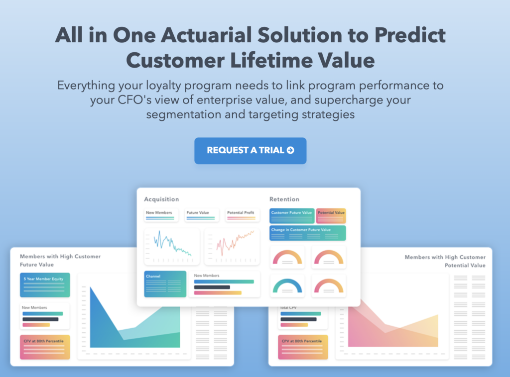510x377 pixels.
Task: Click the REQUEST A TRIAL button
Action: [x=250, y=150]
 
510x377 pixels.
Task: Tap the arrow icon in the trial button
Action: [x=290, y=150]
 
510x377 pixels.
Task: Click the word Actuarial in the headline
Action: [x=206, y=35]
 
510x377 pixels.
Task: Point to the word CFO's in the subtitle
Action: [x=134, y=99]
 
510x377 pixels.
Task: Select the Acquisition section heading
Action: [x=161, y=199]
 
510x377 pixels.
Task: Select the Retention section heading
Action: [x=284, y=199]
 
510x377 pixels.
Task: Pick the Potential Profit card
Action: [x=243, y=215]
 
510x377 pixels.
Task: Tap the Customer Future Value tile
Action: [x=292, y=216]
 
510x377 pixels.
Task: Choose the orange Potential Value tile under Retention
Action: [x=331, y=216]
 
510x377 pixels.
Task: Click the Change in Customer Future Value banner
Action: [x=308, y=233]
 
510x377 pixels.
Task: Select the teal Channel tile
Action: [x=165, y=284]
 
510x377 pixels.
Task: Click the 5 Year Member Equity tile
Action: [x=45, y=285]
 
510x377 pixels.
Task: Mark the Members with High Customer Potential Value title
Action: [x=445, y=261]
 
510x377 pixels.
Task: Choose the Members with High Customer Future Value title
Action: [x=60, y=261]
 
